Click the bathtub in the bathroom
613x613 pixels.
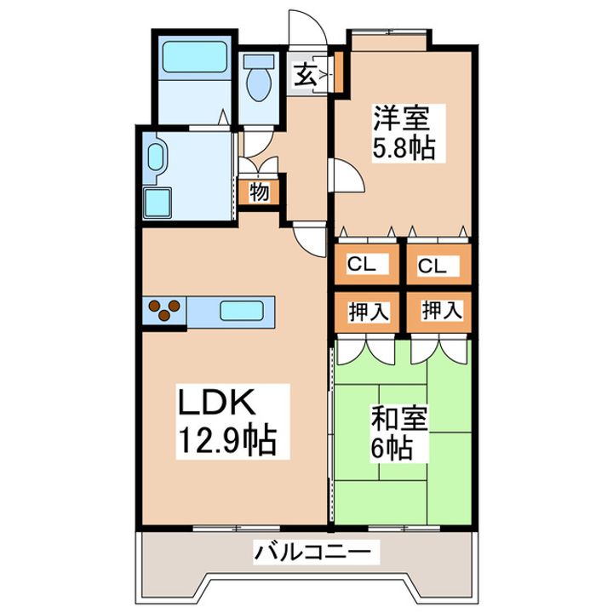tap(194, 57)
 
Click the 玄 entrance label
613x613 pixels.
tap(305, 75)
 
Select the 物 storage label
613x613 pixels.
tap(259, 192)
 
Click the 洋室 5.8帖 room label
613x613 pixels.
tap(404, 134)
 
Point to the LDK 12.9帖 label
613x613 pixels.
tap(227, 421)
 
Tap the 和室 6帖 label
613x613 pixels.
tap(398, 433)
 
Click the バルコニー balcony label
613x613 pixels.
tap(312, 553)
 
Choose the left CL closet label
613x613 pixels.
tap(362, 264)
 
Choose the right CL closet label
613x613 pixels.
tap(432, 266)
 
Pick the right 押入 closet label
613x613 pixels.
tap(442, 311)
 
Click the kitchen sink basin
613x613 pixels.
tap(241, 311)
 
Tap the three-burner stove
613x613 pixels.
tap(164, 311)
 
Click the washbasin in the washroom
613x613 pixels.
tap(155, 158)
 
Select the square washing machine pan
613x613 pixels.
tap(158, 202)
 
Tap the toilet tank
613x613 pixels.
tap(259, 62)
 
